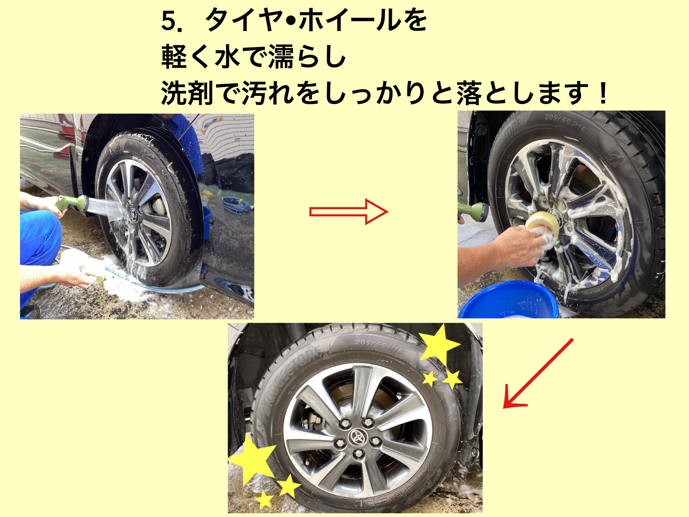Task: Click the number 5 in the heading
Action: pyautogui.click(x=169, y=21)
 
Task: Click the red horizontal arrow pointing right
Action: pyautogui.click(x=349, y=212)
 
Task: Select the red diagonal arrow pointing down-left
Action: pyautogui.click(x=538, y=373)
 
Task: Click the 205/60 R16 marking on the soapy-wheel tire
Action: pyautogui.click(x=565, y=124)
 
